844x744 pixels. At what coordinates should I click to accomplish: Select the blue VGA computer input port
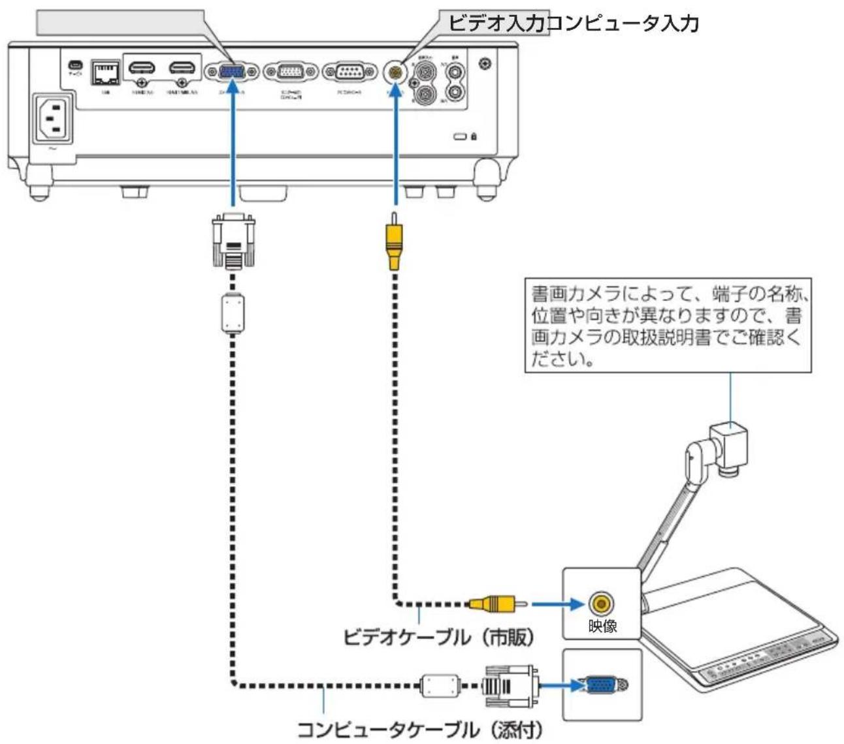click(x=232, y=72)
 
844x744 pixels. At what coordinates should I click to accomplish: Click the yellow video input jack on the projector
click(x=394, y=72)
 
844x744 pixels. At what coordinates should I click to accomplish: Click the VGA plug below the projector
click(x=233, y=240)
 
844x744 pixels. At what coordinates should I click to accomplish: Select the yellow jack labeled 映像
click(x=601, y=604)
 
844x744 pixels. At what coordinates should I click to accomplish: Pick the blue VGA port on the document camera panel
click(x=600, y=686)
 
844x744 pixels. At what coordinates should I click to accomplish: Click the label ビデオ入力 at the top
click(x=496, y=25)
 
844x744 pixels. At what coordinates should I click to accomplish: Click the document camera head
click(x=730, y=444)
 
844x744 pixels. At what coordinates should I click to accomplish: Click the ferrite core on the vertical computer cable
click(x=233, y=314)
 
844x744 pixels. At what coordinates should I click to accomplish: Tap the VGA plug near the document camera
click(x=510, y=686)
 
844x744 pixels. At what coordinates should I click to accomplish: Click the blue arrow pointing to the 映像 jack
click(x=556, y=604)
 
